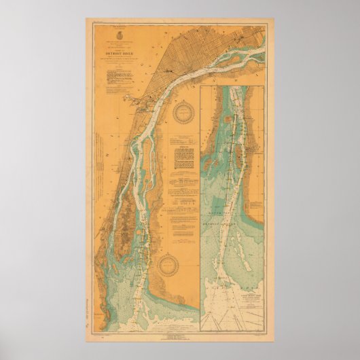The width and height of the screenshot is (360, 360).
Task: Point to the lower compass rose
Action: (167, 266)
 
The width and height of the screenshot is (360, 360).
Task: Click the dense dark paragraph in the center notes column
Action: (185, 159)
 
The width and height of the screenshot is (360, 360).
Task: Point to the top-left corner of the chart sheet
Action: (86, 19)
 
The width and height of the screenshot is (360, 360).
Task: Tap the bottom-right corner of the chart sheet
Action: (275, 340)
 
